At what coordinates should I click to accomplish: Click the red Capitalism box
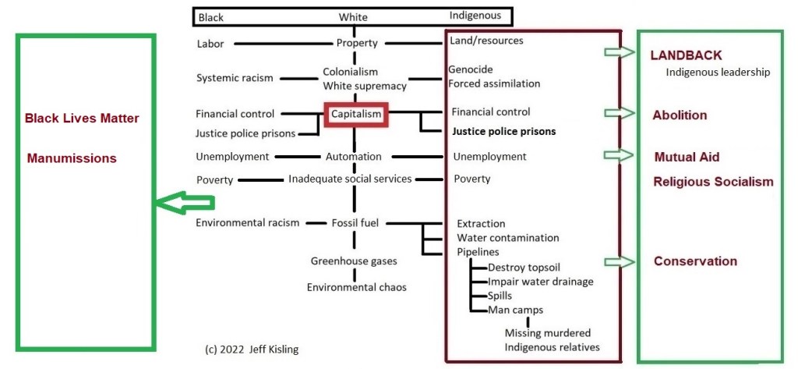pos(356,114)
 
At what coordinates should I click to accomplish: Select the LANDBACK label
pos(686,55)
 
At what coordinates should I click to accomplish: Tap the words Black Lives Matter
pos(82,119)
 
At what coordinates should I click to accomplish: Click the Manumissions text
pos(72,158)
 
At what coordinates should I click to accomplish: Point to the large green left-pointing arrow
pos(184,203)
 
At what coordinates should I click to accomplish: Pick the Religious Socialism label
pos(713,182)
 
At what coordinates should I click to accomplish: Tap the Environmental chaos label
pos(356,287)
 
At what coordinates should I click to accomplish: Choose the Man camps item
pos(515,310)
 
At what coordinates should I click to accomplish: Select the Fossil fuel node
pos(355,222)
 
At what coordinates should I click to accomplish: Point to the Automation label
pos(354,156)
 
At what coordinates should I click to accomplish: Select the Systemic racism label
pos(235,77)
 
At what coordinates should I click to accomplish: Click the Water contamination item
pos(507,237)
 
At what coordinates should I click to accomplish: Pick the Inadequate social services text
pos(350,179)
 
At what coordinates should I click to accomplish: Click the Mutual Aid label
pos(687,157)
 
